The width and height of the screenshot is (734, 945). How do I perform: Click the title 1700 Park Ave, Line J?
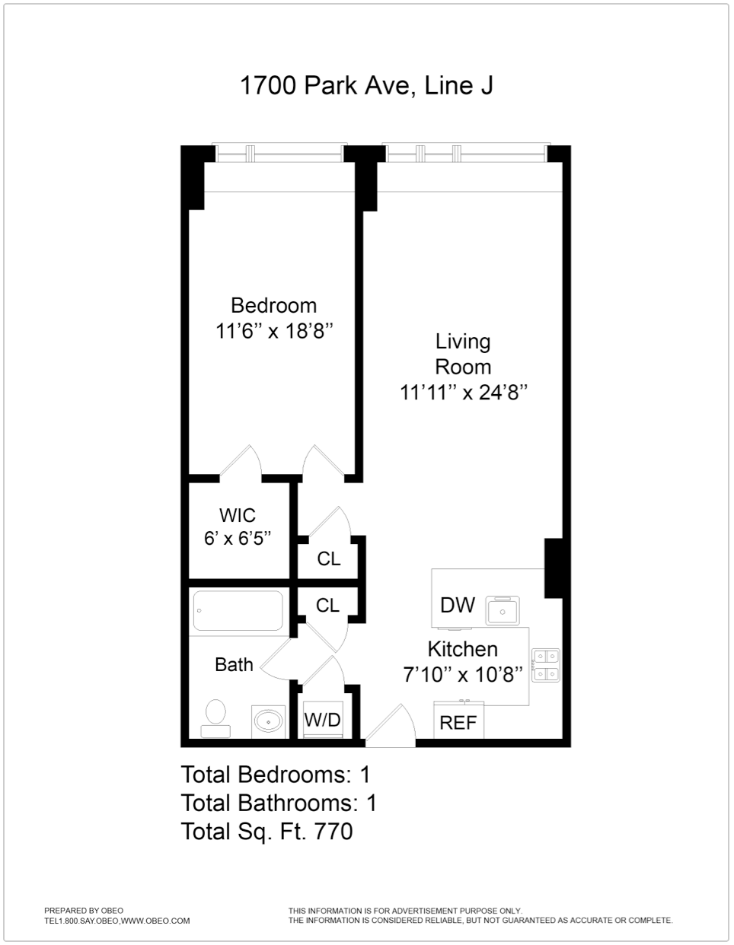click(366, 85)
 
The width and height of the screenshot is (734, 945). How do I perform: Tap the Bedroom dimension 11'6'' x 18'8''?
click(274, 332)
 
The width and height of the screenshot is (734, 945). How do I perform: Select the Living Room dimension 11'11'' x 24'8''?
click(463, 393)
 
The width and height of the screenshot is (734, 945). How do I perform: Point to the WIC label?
click(237, 515)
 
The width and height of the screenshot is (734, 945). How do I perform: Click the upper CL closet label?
click(329, 559)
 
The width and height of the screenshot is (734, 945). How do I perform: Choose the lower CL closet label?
click(327, 606)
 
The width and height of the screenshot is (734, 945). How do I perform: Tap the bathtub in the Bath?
click(238, 611)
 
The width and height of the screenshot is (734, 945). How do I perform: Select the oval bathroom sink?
click(268, 720)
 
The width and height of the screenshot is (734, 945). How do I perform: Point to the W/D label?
click(323, 720)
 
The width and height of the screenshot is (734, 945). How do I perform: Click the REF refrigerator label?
click(458, 723)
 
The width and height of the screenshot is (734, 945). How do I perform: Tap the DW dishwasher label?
click(458, 606)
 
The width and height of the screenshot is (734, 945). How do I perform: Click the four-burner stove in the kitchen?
click(545, 665)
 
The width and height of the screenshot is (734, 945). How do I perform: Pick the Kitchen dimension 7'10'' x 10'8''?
click(463, 674)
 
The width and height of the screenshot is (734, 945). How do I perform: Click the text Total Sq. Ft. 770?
click(266, 832)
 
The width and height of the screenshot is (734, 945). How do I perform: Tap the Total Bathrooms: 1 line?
click(279, 803)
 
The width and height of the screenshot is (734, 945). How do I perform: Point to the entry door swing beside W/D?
click(391, 727)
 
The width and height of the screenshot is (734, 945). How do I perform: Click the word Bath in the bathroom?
click(234, 665)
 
